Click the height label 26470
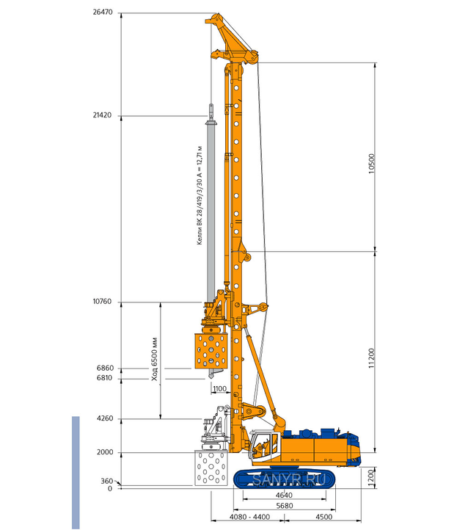(x=103, y=12)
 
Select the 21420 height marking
(x=102, y=115)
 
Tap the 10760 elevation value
(x=102, y=302)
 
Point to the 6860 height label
(x=105, y=368)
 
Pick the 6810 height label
(x=104, y=378)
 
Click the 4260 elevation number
(x=105, y=418)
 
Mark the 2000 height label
(x=105, y=452)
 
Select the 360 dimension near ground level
(x=107, y=481)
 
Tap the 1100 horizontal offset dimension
(x=219, y=389)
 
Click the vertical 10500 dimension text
(x=372, y=164)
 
